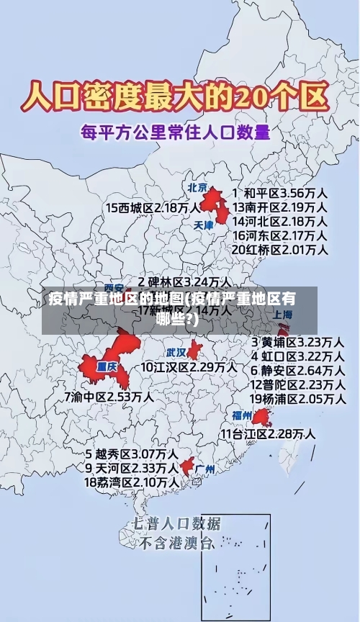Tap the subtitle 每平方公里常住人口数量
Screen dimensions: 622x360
click(175, 132)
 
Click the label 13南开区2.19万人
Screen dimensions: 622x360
click(279, 207)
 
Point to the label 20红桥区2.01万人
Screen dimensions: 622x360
click(279, 250)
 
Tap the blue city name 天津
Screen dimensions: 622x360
click(204, 225)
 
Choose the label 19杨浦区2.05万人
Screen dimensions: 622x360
click(297, 398)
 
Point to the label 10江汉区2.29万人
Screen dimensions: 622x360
click(189, 367)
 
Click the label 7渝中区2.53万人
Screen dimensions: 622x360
click(109, 396)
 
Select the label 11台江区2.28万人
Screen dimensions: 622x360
click(268, 433)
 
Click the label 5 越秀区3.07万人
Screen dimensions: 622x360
click(132, 454)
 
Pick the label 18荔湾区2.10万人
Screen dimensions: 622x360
click(132, 482)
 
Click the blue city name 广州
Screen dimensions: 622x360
click(205, 469)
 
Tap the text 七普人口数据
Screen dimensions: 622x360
click(176, 523)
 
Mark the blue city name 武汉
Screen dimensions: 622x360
click(176, 353)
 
